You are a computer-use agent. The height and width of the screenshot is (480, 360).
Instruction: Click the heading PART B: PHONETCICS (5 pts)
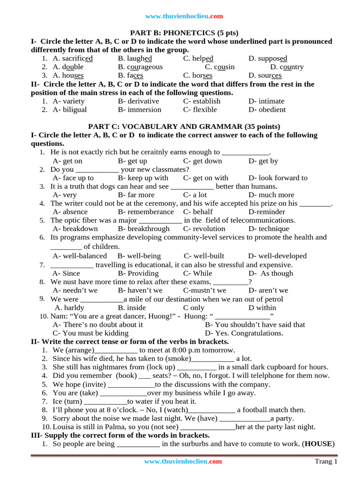click(x=184, y=33)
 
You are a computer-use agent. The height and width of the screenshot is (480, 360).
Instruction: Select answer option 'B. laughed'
click(x=135, y=58)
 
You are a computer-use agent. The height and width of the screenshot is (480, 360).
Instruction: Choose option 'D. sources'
click(x=265, y=75)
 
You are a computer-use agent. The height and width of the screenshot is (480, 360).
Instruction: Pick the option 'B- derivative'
click(x=138, y=101)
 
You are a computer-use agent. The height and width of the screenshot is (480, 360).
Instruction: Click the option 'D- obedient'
click(x=267, y=109)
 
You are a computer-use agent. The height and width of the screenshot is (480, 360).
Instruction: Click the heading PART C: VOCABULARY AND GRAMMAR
click(x=184, y=127)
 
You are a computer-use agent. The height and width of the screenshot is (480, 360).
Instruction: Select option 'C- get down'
click(x=202, y=161)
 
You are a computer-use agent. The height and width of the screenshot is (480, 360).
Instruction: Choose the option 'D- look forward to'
click(x=278, y=178)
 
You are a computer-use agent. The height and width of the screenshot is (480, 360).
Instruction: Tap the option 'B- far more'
click(x=136, y=195)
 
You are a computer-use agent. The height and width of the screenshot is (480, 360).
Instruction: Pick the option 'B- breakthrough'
click(x=144, y=229)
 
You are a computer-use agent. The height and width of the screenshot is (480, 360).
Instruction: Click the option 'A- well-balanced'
click(x=80, y=256)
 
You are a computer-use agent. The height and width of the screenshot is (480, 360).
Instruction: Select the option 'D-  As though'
click(x=270, y=273)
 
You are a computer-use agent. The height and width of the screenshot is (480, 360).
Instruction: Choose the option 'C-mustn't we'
click(x=204, y=290)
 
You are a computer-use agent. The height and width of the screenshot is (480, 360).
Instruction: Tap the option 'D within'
click(x=262, y=307)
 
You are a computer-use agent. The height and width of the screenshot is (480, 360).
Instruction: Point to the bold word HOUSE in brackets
click(x=318, y=443)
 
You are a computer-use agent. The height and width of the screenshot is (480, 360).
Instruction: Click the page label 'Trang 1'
click(x=326, y=462)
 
